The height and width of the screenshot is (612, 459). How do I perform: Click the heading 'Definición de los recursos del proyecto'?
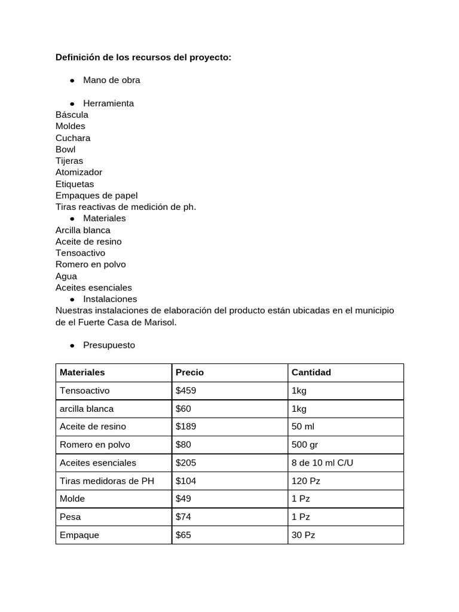pos(143,57)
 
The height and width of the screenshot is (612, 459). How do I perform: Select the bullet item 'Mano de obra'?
pos(112,80)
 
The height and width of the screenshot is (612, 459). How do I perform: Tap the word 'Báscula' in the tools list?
pos(72,115)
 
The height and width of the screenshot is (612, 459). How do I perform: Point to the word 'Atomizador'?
pos(79,172)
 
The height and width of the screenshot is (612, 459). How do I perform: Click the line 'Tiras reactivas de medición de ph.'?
pos(126,207)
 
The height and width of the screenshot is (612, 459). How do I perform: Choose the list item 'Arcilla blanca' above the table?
pos(83,230)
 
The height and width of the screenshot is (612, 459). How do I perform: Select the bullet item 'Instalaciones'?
pos(110,299)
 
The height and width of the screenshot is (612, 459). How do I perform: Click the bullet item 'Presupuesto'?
pos(109,345)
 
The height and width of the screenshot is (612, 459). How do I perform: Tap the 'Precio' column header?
pos(189,372)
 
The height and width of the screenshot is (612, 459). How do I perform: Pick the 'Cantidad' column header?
pos(311,372)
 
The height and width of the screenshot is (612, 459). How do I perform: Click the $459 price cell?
pos(186,391)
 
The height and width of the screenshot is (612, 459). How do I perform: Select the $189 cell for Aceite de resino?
pos(186,427)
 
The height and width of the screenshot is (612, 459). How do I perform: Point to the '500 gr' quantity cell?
pos(306,445)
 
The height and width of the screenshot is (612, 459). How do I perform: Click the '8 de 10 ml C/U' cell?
pos(322,463)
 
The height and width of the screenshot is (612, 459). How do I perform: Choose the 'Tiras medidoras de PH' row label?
pos(107,481)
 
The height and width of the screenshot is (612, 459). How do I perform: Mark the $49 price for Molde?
pos(183,498)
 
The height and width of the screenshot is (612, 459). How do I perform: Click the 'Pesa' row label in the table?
pos(71,517)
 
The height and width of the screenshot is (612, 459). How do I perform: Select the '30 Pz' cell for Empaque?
pos(303,535)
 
